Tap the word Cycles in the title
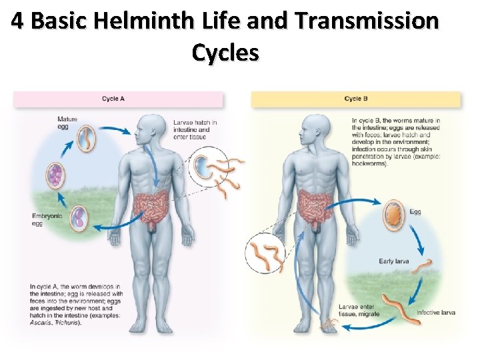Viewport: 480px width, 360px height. tap(225, 52)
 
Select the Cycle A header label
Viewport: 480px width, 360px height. tap(113, 99)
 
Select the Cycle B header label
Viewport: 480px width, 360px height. tap(356, 99)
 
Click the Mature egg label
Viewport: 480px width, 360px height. tap(67, 123)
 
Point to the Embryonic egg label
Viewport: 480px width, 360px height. tap(47, 220)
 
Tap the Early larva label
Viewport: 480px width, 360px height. tap(393, 261)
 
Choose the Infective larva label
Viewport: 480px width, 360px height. tap(435, 313)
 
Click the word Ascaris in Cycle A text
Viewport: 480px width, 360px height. tap(41, 323)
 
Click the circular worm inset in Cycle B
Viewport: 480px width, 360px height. tap(265, 255)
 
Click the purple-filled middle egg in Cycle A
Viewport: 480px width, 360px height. tap(55, 175)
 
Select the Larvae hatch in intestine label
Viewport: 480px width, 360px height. tap(195, 130)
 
